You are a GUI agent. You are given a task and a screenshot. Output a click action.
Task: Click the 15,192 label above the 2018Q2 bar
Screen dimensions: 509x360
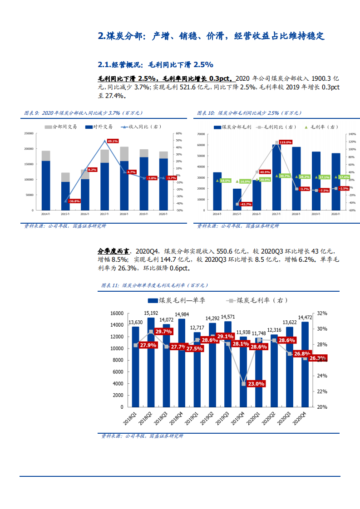(151, 313)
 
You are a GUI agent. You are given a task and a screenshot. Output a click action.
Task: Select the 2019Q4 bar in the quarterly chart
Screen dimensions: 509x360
(243, 372)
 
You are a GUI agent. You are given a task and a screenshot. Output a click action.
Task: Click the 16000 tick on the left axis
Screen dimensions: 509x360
(117, 313)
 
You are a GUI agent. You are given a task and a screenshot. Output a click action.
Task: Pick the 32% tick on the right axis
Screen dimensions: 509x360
(321, 313)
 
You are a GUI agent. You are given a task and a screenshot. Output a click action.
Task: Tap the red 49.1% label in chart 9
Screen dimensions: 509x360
(113, 141)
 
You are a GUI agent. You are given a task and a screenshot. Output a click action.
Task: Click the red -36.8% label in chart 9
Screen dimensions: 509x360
(74, 201)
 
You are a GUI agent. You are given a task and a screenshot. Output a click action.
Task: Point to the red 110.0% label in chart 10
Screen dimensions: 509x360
(285, 142)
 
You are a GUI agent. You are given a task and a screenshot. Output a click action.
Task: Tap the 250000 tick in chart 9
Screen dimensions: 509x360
(28, 133)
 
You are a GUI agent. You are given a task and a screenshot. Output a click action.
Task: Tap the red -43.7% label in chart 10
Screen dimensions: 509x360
(246, 204)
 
